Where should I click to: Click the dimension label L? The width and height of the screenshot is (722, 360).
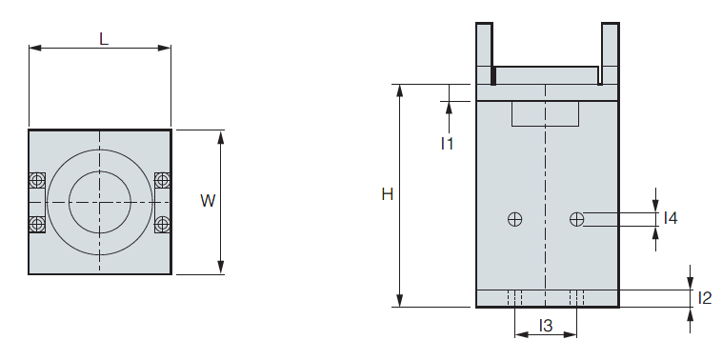pos(104,39)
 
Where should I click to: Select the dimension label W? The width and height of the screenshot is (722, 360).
pos(208,201)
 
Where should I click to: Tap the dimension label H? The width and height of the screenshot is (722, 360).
pos(388,194)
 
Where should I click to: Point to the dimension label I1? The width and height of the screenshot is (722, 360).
pos(447,144)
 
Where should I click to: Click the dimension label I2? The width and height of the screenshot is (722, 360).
pos(705,298)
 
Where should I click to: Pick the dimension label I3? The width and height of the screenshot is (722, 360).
pos(546,326)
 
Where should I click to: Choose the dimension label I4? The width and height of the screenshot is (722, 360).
pos(671,218)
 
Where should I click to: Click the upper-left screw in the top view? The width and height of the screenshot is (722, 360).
pos(37,180)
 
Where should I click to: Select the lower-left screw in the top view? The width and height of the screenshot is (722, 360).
pos(37,224)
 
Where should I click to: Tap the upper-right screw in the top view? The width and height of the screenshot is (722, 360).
pos(162,180)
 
